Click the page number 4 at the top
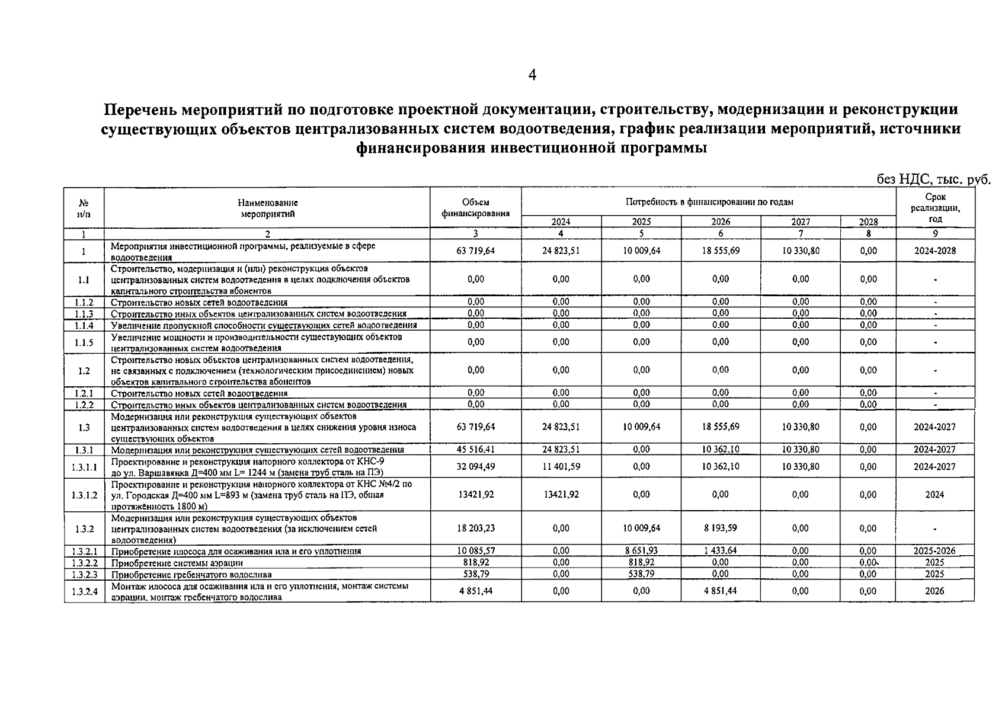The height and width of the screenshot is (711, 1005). point(532,75)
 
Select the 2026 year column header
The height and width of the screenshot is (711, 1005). point(721,222)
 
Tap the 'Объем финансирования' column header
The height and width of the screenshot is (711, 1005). point(476,208)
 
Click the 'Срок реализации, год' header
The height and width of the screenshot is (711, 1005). point(935,208)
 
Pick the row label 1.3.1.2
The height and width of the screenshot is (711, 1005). point(84,495)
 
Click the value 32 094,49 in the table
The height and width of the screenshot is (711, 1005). point(476,467)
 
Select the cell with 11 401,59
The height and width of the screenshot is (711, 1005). point(561,467)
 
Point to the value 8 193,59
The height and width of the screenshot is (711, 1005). point(721,529)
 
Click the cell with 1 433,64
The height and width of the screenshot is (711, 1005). point(721,551)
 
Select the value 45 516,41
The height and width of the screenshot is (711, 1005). point(476,450)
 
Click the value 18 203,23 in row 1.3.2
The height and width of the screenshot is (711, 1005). point(476,529)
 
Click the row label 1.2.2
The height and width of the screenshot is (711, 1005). point(84,405)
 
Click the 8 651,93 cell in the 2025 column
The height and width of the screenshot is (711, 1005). point(641,551)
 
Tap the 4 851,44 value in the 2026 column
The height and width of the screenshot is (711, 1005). point(721,591)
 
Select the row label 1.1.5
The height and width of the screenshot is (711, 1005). point(84,342)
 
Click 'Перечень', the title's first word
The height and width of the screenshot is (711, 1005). point(140,110)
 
